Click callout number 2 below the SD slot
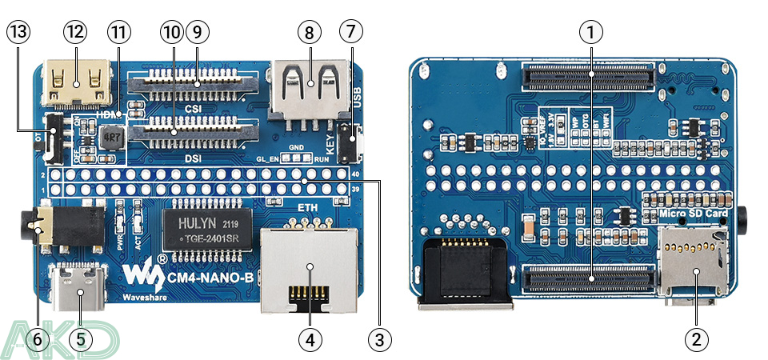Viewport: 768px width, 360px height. tap(695, 338)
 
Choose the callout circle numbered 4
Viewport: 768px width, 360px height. tap(310, 338)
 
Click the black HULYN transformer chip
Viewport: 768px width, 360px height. tap(207, 228)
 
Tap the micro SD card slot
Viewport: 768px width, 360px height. tap(694, 261)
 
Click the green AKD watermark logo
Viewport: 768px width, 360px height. tap(60, 338)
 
